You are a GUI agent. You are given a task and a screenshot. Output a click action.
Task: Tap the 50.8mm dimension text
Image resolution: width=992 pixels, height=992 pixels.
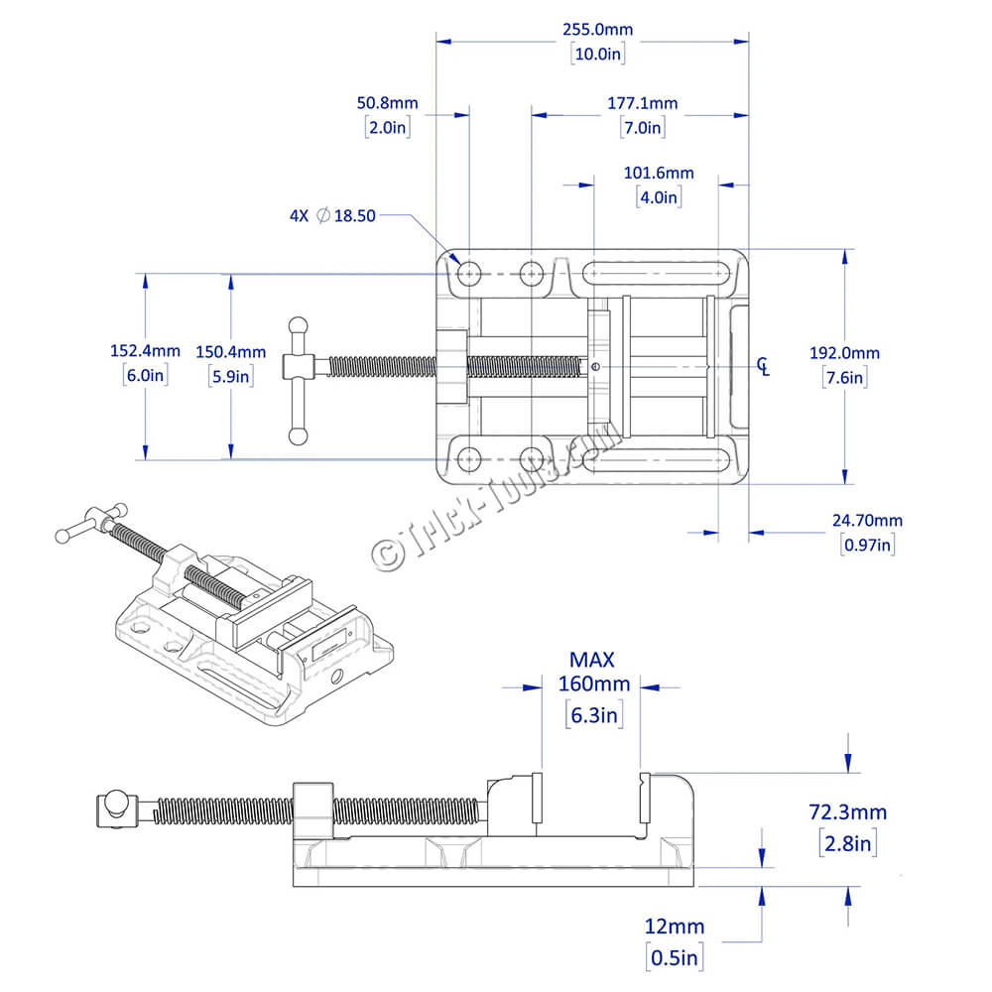tap(387, 103)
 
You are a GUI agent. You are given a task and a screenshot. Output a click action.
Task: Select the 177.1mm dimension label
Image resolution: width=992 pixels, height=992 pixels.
tap(643, 103)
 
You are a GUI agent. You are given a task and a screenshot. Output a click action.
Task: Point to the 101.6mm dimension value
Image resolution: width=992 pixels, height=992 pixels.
tap(658, 173)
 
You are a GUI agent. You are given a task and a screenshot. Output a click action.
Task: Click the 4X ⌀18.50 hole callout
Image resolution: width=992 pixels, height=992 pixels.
tap(332, 216)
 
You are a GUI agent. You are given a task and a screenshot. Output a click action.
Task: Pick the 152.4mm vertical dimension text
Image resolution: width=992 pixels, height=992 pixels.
tap(145, 350)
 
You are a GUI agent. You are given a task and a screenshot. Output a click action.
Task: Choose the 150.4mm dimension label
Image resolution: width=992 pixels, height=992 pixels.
tap(231, 351)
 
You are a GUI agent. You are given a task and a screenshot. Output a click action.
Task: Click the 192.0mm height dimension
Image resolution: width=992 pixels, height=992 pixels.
tap(844, 353)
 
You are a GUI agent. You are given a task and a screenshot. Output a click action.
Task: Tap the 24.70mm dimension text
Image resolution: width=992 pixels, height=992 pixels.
tap(867, 520)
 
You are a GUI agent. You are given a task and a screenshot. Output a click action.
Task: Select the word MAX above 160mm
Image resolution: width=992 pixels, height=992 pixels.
tap(592, 659)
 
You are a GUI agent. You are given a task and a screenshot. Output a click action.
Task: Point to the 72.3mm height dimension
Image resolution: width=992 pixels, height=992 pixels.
tap(847, 812)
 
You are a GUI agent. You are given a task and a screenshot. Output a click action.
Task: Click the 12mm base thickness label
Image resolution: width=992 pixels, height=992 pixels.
tap(675, 927)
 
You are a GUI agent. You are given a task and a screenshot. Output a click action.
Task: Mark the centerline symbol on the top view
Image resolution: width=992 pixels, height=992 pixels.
tap(763, 366)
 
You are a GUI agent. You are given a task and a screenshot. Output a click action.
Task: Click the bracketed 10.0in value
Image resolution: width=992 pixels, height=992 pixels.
tap(597, 55)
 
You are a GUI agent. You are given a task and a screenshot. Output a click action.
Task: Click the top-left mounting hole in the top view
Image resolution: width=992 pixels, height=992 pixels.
tap(469, 272)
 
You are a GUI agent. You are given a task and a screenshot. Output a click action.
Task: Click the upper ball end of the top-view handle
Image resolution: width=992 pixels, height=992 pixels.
tap(297, 324)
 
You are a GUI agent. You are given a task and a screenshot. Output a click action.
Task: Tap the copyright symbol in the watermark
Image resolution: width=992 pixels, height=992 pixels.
tap(384, 554)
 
